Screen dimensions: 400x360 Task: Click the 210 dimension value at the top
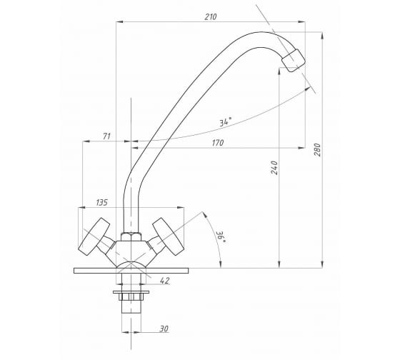coord(211,17)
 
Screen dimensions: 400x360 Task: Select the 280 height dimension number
coord(317,150)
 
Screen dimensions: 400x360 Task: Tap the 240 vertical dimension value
coord(274,167)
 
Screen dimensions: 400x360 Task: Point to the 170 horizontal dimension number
coord(218,143)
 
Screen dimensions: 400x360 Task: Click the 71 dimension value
coord(106,136)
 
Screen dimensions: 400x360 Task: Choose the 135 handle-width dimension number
coord(101,202)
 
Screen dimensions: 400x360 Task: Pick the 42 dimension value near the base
coord(164,281)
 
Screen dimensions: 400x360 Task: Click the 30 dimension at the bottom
coord(164,329)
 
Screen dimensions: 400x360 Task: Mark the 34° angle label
coord(226,121)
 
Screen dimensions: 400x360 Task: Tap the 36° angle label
coord(221,237)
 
